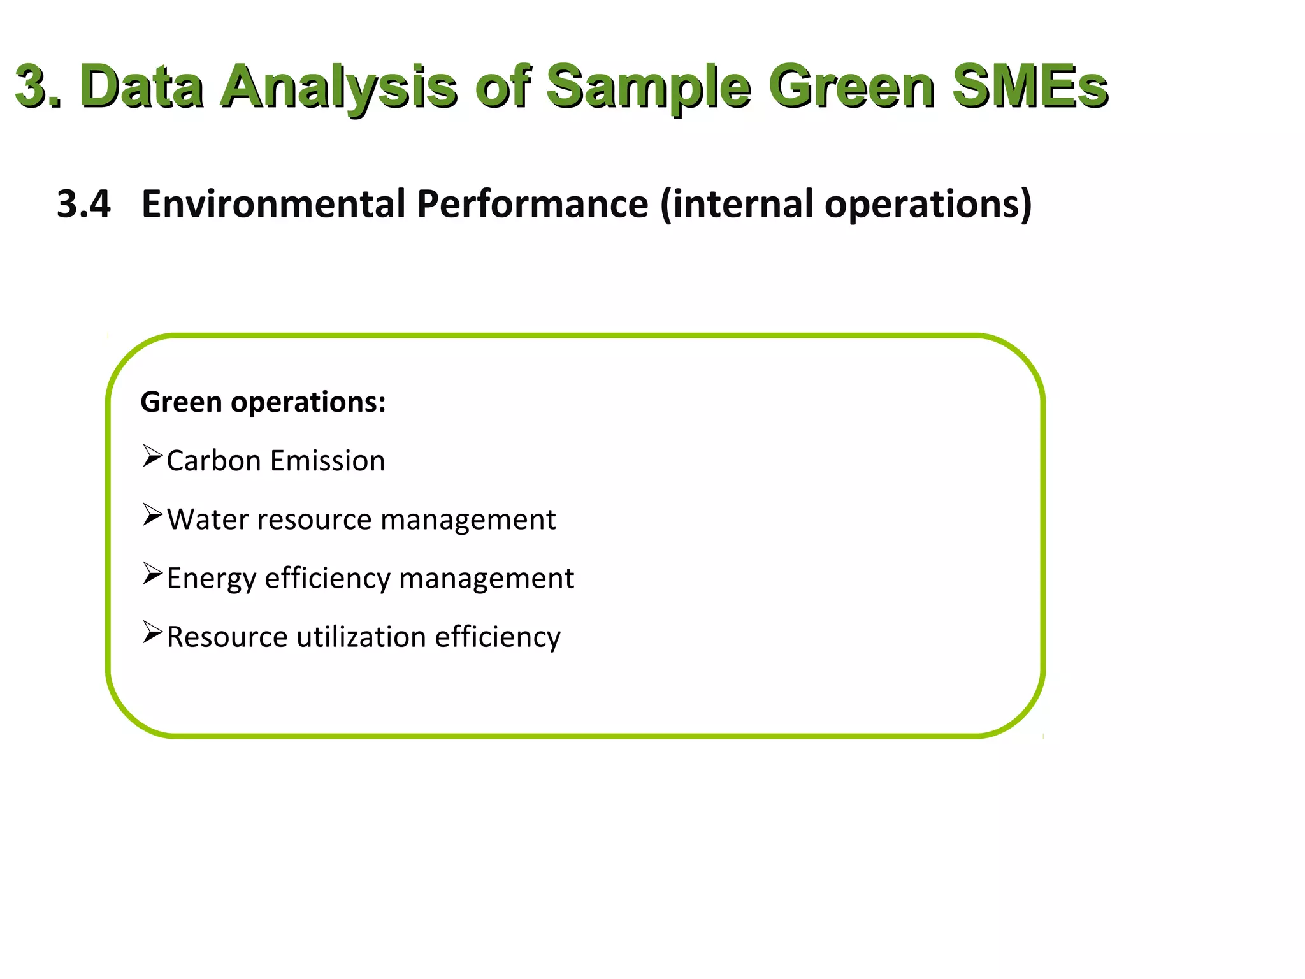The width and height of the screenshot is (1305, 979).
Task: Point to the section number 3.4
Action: pos(83,204)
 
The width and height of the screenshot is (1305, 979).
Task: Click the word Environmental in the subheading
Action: pos(273,204)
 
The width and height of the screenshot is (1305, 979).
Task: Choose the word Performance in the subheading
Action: pos(533,204)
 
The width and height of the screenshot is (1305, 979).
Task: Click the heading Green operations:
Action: pos(263,402)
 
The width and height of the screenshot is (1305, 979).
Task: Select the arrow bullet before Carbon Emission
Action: pos(152,456)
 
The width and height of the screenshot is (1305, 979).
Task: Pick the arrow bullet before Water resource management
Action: pos(152,515)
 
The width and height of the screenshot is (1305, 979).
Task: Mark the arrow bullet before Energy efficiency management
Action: pos(152,574)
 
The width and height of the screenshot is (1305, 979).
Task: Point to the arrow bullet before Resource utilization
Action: pos(152,632)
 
